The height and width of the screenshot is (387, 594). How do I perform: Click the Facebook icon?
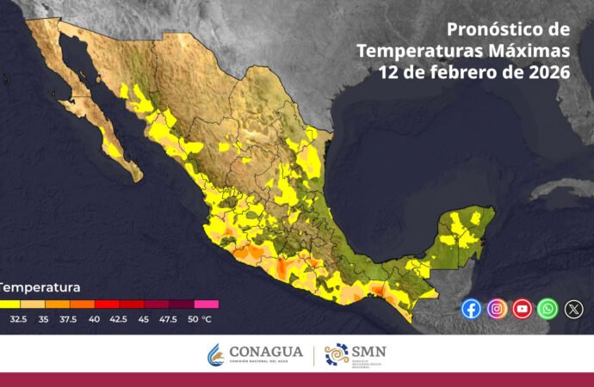click(x=471, y=309)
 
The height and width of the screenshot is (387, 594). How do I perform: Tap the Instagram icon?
click(x=497, y=309)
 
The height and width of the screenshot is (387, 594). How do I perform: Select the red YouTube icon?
click(x=523, y=309)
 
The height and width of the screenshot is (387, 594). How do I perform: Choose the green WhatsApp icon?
click(x=548, y=309)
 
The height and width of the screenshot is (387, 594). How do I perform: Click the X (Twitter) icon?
click(x=573, y=309)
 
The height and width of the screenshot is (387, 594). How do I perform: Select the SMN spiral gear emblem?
click(x=336, y=353)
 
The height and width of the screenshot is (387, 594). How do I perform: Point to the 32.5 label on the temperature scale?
click(x=17, y=318)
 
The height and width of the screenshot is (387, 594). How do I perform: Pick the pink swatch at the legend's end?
click(x=206, y=304)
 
